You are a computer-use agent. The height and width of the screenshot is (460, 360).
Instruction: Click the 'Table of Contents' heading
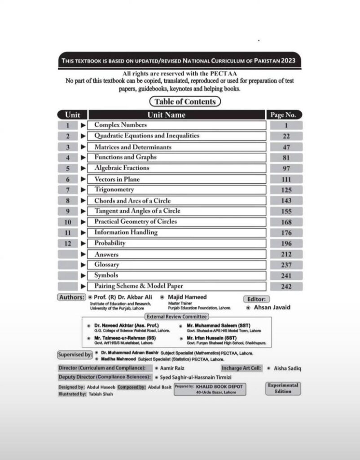coord(185,102)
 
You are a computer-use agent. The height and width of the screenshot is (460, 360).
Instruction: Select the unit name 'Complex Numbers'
coord(120,125)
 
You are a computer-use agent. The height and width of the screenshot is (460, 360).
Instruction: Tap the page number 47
coord(286,147)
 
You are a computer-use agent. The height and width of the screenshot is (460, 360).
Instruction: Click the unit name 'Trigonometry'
coord(114,190)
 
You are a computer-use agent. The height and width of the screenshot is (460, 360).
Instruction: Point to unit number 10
coord(68,222)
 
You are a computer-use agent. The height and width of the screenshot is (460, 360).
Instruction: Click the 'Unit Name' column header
coord(167,115)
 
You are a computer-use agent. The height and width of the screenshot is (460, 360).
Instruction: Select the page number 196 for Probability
coord(286,243)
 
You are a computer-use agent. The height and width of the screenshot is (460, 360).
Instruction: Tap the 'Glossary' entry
coord(107,265)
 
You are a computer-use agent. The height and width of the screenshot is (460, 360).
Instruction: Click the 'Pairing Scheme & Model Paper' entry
coord(139,286)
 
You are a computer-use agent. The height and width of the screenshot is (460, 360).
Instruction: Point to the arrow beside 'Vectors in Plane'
coord(83,179)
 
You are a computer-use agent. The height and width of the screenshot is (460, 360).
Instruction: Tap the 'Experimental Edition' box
coord(283,388)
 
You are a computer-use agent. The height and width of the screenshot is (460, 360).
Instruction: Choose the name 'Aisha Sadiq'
coord(287,368)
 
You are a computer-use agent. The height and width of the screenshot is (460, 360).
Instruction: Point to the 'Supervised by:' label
coord(75,354)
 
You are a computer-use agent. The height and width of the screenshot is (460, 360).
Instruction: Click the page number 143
coord(286,201)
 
